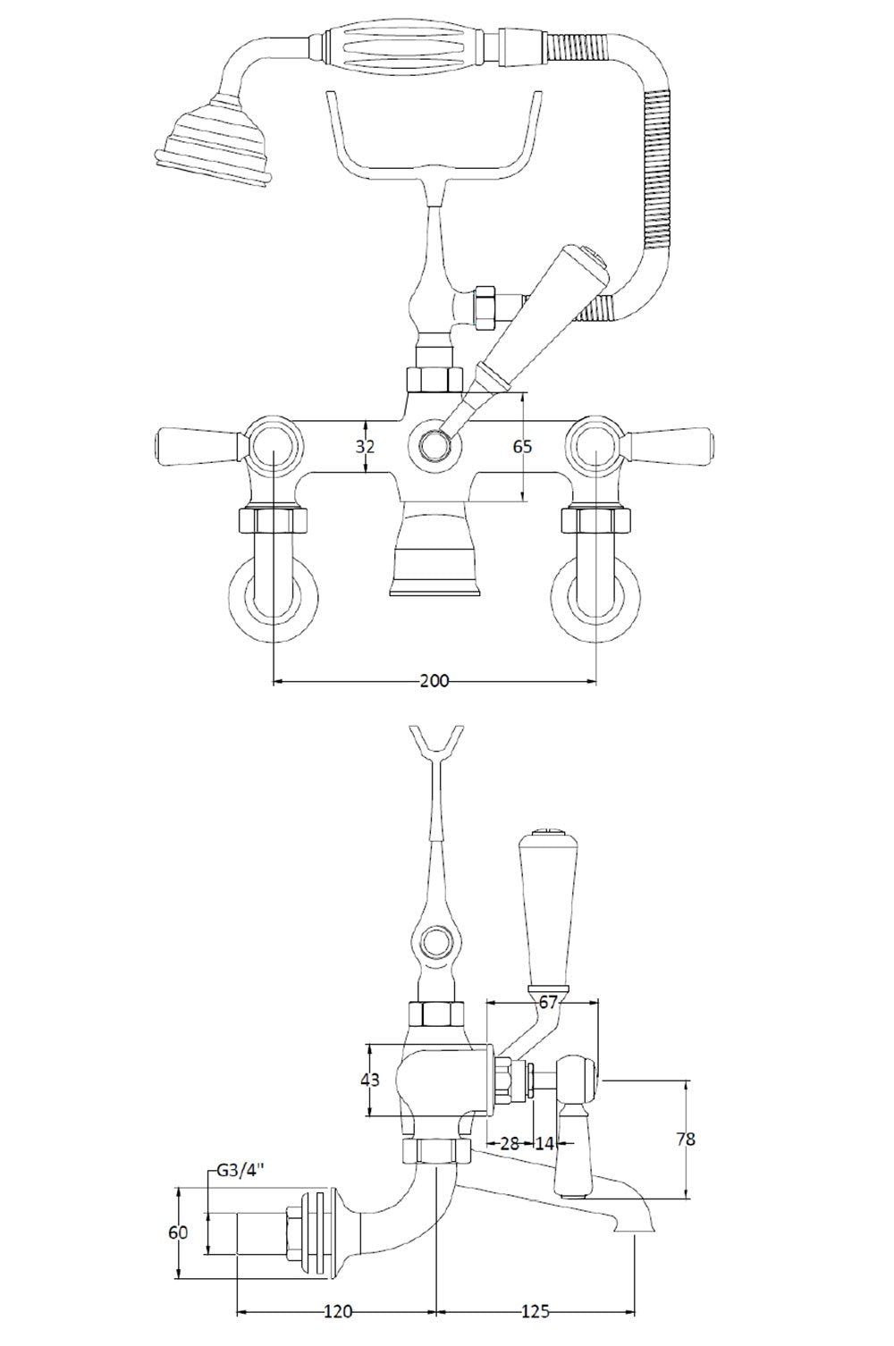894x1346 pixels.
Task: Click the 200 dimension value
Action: click(434, 681)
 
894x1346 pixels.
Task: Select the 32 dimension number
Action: click(366, 446)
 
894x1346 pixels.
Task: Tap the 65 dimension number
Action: click(523, 446)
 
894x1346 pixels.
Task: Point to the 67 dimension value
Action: click(546, 1002)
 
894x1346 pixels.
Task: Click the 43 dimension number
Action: click(368, 1080)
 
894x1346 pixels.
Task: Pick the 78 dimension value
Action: click(686, 1139)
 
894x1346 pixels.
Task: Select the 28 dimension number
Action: click(510, 1143)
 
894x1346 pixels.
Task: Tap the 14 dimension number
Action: click(544, 1143)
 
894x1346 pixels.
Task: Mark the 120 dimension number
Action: click(337, 1312)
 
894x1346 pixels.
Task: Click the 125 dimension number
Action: click(535, 1312)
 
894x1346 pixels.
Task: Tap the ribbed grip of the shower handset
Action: click(407, 45)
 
